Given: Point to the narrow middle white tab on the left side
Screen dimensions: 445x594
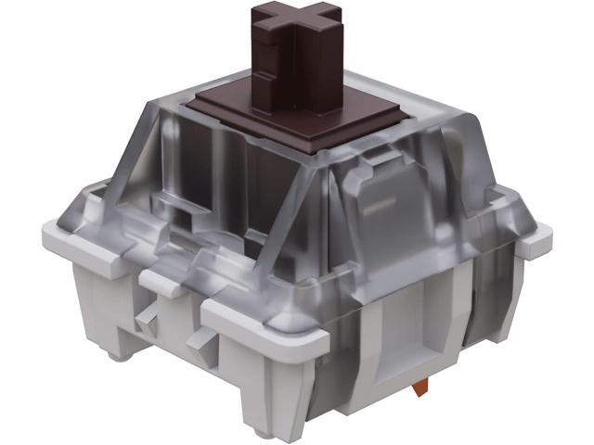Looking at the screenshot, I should pos(167,284).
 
